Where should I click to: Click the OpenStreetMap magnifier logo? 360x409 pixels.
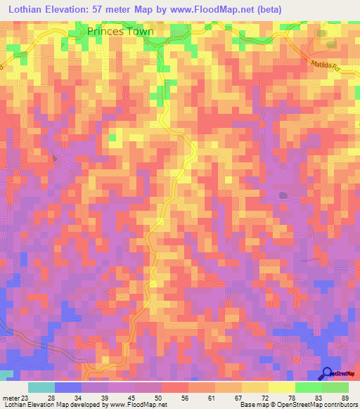tap(328, 373)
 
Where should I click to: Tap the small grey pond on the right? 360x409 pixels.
tap(283, 195)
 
